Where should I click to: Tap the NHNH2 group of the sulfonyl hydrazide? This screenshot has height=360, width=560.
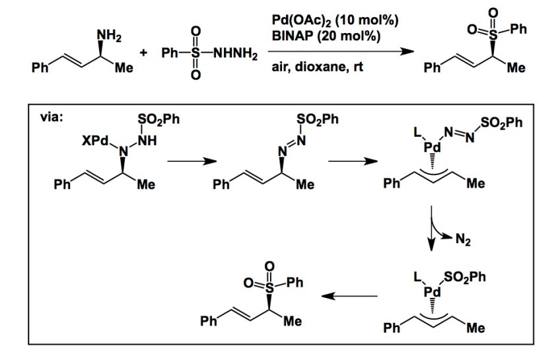tap(235, 52)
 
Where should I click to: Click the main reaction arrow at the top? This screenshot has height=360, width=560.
tap(330, 52)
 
